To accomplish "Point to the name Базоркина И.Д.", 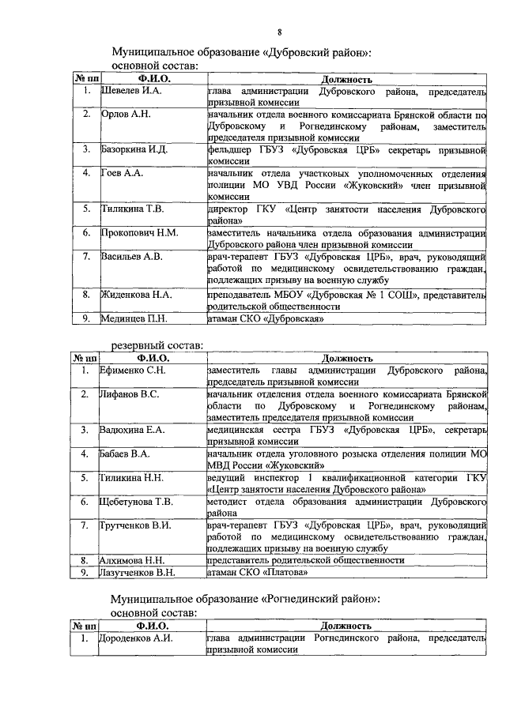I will pos(135,149).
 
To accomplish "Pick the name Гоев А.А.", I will pos(122,172).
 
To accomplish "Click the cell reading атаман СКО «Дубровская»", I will pos(265,318).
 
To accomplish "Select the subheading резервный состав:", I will pos(157,344).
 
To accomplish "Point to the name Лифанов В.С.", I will pos(130,393).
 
